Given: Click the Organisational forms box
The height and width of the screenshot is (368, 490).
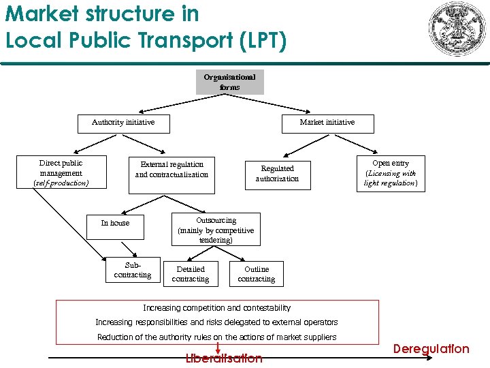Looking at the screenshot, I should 229,82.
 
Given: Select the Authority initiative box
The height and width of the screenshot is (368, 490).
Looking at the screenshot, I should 123,123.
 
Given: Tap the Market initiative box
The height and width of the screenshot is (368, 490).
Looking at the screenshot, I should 327,123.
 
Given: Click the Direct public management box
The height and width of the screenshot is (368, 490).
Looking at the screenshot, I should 61,173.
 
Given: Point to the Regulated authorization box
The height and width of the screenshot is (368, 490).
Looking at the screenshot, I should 277,174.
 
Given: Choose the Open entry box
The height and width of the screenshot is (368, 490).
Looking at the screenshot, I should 391,173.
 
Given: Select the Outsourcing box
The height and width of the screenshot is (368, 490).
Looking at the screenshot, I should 216,230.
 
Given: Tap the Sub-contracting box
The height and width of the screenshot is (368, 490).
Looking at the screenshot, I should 133,270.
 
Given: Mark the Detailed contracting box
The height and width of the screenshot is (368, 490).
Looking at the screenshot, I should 191,274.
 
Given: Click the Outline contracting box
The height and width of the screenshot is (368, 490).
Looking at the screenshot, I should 257,274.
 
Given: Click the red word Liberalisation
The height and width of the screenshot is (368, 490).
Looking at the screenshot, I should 224,358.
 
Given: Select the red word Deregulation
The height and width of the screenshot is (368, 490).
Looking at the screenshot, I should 431,349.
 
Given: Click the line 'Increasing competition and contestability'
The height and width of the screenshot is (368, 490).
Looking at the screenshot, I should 216,308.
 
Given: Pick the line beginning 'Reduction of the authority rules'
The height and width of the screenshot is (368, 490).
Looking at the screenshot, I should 216,337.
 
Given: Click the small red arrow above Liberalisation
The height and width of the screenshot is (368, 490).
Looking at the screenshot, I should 217,348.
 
